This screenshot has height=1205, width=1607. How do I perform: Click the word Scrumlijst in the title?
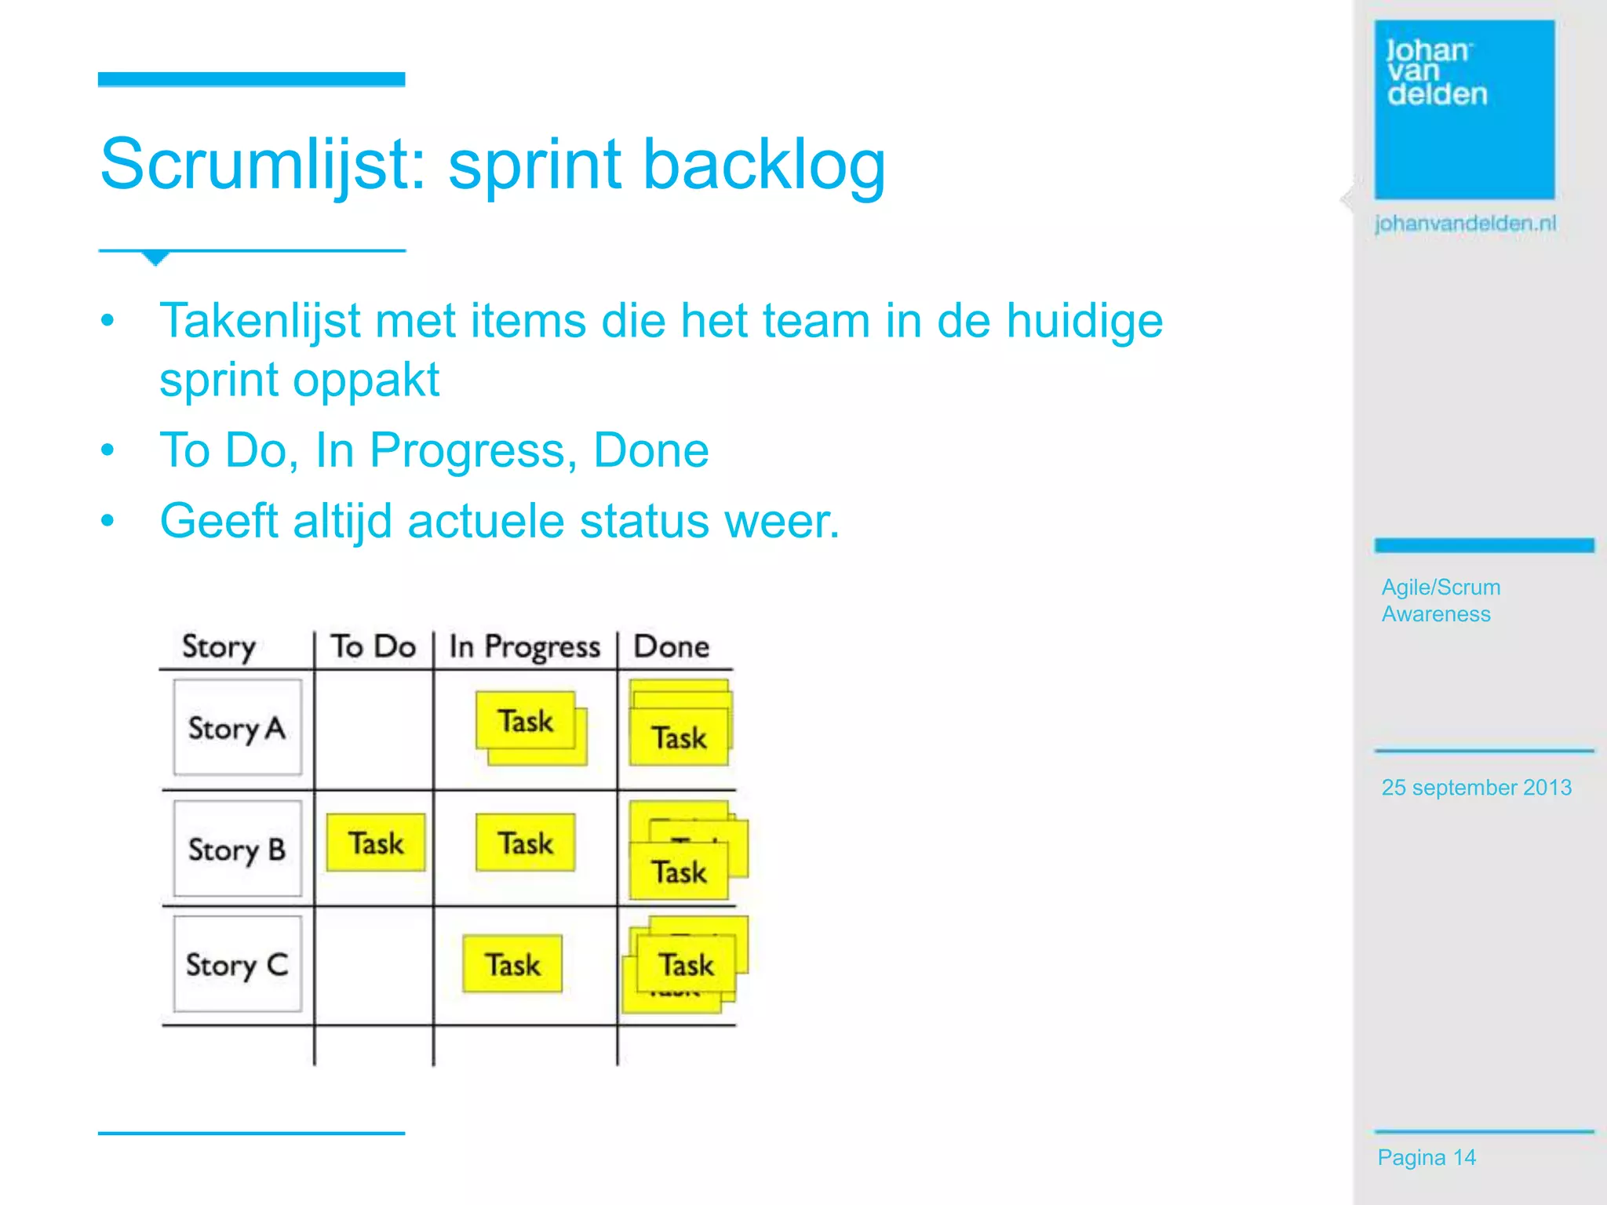click(263, 165)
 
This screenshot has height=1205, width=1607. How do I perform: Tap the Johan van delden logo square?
click(1464, 110)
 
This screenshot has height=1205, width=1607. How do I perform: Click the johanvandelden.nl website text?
click(1465, 224)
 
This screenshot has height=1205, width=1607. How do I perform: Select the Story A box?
click(237, 728)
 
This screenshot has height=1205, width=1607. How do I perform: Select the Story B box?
click(237, 849)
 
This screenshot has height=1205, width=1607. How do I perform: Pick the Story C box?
click(237, 964)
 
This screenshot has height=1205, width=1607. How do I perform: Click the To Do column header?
click(373, 646)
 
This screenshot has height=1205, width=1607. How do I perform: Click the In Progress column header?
click(524, 647)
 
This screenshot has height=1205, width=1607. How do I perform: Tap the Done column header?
click(671, 646)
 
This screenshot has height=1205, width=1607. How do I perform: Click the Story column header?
click(219, 647)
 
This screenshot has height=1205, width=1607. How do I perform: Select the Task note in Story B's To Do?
click(376, 843)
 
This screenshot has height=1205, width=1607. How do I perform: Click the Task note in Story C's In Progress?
click(512, 964)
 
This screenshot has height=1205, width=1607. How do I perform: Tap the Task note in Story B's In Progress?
click(526, 843)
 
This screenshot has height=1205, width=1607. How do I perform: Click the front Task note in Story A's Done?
click(679, 738)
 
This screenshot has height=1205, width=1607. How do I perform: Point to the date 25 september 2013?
click(1476, 788)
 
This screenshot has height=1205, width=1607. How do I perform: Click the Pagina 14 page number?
click(1427, 1158)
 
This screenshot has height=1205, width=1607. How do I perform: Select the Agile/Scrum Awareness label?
click(1440, 600)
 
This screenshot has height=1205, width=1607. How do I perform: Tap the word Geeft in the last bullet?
click(219, 521)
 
